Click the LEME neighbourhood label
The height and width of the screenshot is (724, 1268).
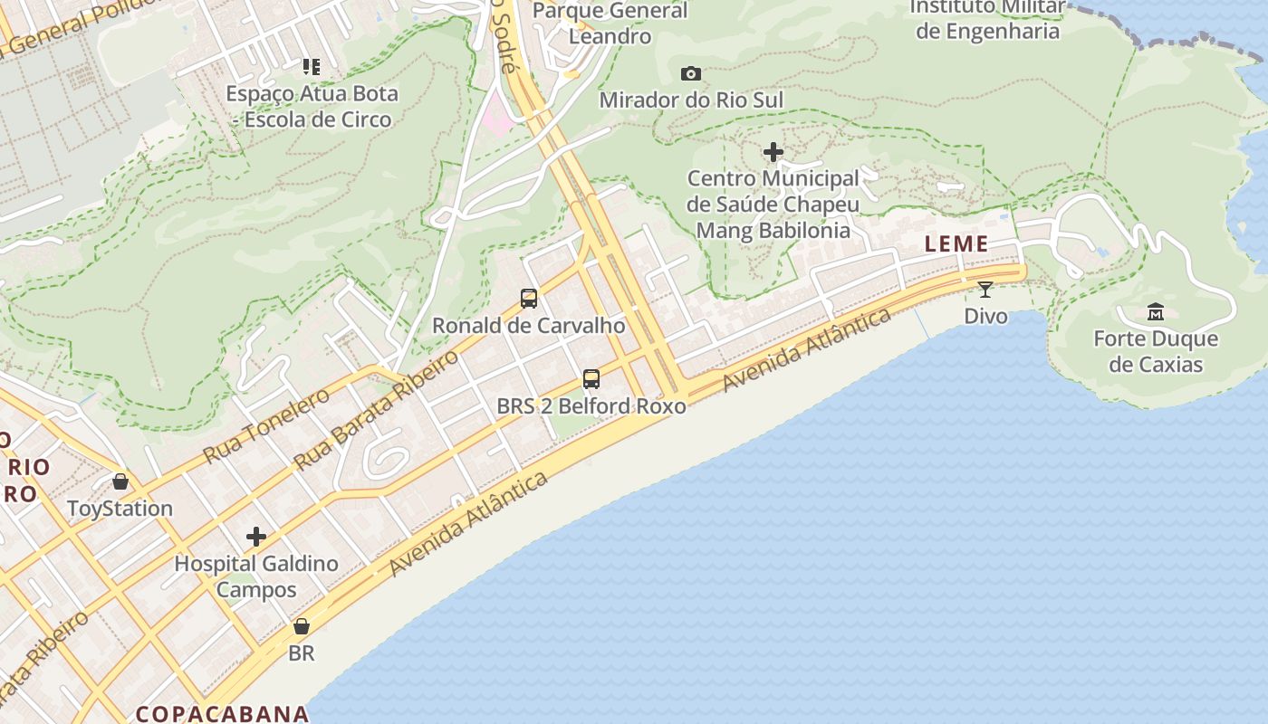pos(956,244)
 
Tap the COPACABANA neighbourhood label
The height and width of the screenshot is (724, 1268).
pos(223,713)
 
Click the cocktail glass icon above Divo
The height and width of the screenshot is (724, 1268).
pos(985,290)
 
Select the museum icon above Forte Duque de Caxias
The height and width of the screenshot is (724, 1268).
pos(1156,312)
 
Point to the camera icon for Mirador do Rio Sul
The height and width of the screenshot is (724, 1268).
pos(691,73)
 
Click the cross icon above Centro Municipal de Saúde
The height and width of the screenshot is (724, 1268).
pos(773,152)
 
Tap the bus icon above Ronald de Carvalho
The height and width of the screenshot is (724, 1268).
pos(529,298)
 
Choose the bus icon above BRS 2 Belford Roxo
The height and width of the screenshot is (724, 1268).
pos(591,379)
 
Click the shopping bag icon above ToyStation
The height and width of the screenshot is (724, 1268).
pos(120,481)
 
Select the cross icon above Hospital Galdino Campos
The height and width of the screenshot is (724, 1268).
pos(256,537)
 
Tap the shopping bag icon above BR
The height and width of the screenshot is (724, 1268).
pos(302,626)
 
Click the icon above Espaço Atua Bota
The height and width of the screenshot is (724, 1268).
pos(312,67)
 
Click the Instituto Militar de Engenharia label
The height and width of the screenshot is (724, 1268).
pos(987,19)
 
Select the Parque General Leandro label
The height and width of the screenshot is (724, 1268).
pos(610,24)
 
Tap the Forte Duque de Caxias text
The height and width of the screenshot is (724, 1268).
pos(1156,351)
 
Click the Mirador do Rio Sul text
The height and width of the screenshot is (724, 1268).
pos(691,100)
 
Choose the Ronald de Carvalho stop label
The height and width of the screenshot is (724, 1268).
pos(529,325)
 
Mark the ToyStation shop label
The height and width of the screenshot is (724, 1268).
pos(120,509)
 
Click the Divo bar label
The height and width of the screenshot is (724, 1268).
pos(985,316)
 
